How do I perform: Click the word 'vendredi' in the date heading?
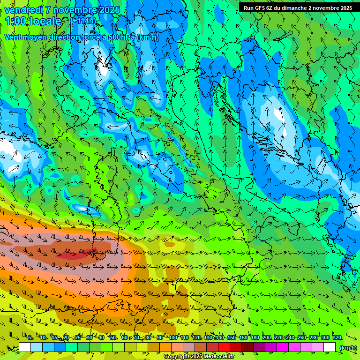pos(22,10)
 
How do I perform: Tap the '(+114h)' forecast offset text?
pos(83,21)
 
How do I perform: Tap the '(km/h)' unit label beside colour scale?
pos(347,348)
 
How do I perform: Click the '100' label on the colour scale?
pos(172,338)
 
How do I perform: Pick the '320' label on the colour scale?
pos(337,338)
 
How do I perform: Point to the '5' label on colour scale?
pos(30,338)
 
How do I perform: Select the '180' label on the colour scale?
pos(255,338)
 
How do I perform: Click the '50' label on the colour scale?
pos(113,338)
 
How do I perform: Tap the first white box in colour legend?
pos(25,348)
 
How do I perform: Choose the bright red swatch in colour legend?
pos(224,348)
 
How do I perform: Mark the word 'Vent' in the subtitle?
pos(14,37)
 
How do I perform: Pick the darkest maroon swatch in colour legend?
pos(247,348)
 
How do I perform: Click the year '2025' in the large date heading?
pos(109,10)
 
